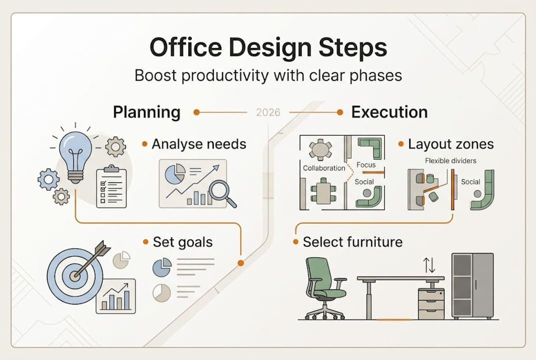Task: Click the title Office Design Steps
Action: tap(268, 48)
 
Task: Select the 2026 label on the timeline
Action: tap(268, 112)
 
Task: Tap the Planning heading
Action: tap(146, 112)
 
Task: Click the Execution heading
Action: tap(389, 112)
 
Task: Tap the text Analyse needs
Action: tap(199, 144)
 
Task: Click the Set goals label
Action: tap(182, 242)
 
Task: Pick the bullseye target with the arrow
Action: tap(75, 274)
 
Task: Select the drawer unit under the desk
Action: tap(431, 303)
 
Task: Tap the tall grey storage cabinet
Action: tap(472, 285)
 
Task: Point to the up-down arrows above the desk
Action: tap(429, 265)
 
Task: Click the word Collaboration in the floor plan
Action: tap(324, 168)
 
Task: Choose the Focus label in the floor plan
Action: tap(366, 164)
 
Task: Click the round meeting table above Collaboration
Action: tap(321, 149)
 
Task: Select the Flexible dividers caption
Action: tap(450, 161)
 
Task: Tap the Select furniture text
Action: tap(352, 242)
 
